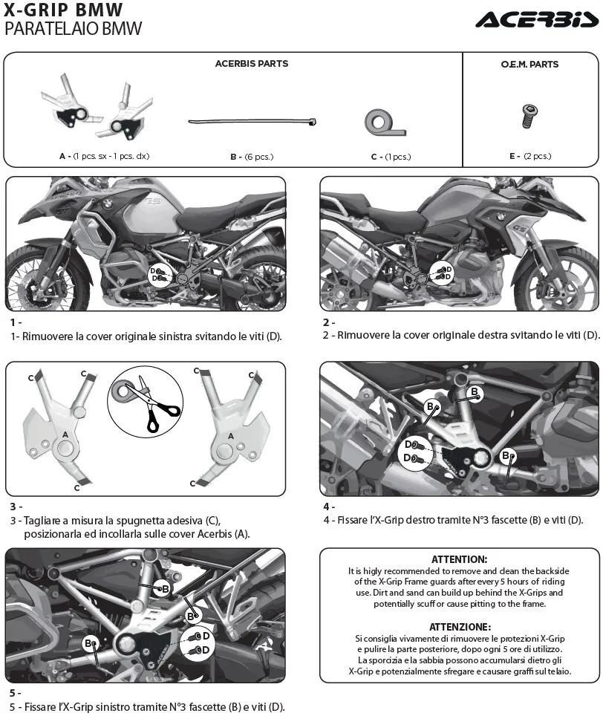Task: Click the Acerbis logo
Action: click(537, 19)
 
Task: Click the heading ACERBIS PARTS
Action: click(252, 63)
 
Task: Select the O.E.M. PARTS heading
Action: click(529, 65)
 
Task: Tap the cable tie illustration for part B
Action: click(252, 122)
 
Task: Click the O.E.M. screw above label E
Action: click(529, 116)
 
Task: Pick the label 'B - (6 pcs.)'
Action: click(252, 157)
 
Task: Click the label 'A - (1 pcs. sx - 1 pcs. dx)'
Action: click(104, 156)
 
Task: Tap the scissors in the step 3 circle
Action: click(153, 403)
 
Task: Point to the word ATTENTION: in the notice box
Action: click(459, 559)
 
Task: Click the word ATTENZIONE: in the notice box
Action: click(460, 627)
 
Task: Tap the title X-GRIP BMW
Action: click(63, 10)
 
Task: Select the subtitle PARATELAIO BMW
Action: click(73, 29)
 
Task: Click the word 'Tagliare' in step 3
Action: click(43, 521)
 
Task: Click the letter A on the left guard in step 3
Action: click(65, 435)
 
